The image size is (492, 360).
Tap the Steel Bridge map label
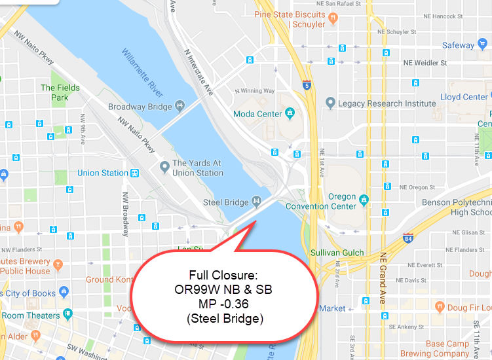coord(226,202)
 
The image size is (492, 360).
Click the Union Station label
coord(103,173)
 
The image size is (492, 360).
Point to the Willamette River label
coord(143,72)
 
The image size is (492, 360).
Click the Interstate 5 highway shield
coord(307,84)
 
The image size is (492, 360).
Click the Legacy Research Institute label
coord(387,103)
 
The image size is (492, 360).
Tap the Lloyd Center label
coord(464,97)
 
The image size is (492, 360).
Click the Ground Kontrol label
coord(109,279)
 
